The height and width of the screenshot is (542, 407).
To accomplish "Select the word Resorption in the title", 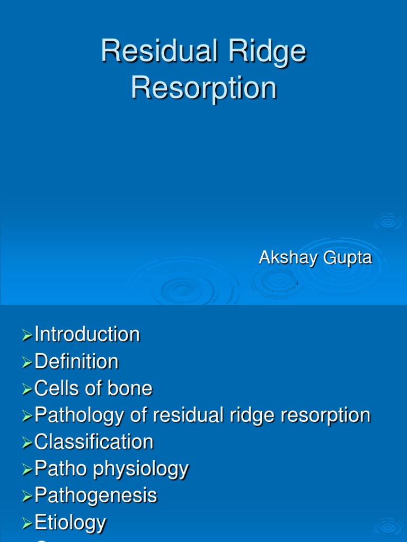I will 203,88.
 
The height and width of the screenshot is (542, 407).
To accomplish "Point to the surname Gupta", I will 348,258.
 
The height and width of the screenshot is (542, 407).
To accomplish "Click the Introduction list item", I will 87,335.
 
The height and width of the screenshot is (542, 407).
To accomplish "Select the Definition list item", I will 76,362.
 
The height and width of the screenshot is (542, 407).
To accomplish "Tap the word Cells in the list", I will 55,389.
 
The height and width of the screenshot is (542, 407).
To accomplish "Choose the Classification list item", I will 94,442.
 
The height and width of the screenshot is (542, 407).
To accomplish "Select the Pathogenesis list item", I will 95,496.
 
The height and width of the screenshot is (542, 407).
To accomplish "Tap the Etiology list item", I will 70,523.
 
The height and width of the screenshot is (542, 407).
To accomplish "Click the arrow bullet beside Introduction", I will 27,335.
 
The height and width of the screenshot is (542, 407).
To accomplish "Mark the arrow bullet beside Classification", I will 27,442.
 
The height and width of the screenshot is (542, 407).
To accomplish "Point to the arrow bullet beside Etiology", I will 27,523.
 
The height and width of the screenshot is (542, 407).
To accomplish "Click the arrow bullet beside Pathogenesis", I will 27,496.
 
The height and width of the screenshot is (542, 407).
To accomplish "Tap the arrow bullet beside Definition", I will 27,362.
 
